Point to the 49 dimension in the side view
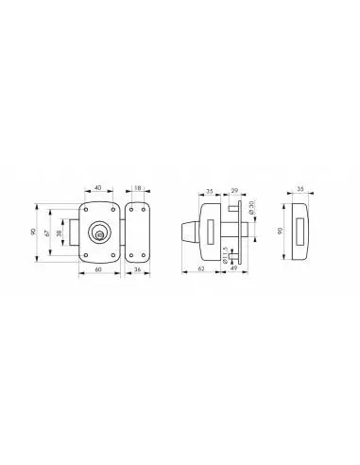[x=232, y=269]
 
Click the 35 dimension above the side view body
[x=210, y=188]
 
